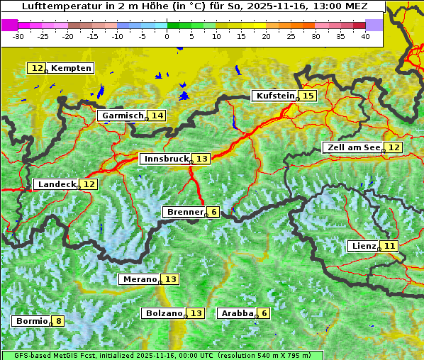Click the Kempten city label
[x=71, y=68]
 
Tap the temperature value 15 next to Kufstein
[x=307, y=96]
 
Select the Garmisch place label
[x=121, y=116]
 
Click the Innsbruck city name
[x=165, y=159]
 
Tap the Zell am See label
[x=352, y=147]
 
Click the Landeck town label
[x=56, y=184]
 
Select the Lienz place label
[x=362, y=246]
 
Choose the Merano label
[x=139, y=279]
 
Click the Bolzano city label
[x=163, y=313]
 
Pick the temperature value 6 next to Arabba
[x=264, y=313]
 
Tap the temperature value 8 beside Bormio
[x=57, y=321]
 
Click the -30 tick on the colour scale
[x=18, y=36]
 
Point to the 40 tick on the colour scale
[x=365, y=36]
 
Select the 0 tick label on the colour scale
[x=167, y=36]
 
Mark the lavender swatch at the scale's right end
[x=374, y=25]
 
